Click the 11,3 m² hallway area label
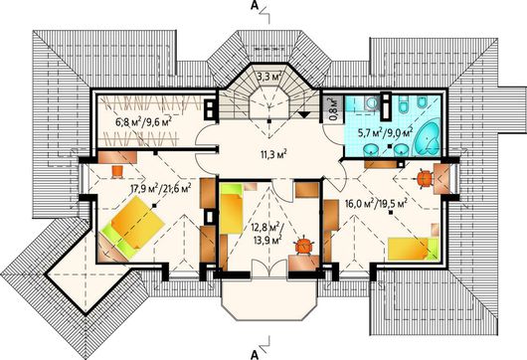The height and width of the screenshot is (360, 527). tap(273, 155)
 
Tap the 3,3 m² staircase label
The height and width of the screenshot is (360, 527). tap(269, 77)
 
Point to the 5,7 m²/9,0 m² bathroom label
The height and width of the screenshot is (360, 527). tap(389, 133)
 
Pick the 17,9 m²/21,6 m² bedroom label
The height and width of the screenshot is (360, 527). tap(161, 188)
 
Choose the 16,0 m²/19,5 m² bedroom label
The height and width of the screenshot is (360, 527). tap(376, 204)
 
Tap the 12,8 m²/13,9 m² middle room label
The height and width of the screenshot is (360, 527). tap(267, 234)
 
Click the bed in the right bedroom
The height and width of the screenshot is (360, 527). tap(414, 249)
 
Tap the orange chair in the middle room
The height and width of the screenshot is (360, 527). tap(304, 245)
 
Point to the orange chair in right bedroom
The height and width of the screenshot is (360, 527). tap(425, 178)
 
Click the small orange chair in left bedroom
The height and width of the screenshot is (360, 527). tap(117, 172)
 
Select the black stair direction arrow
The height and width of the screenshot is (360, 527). tap(304, 114)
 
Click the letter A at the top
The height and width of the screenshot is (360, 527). tap(255, 7)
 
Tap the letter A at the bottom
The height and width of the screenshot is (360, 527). tap(255, 354)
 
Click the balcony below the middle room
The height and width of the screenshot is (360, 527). tap(269, 298)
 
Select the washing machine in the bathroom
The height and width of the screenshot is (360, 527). tap(372, 103)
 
